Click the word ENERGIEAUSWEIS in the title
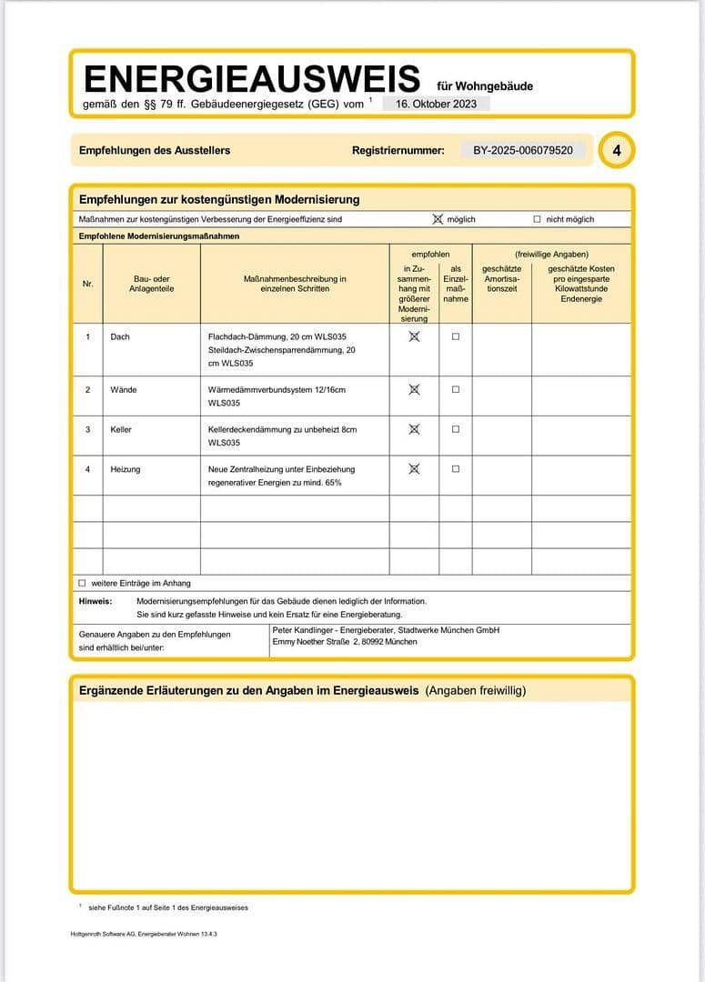pos(251,79)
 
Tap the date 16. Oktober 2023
pos(436,104)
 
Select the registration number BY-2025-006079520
pos(523,150)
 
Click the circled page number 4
pos(617,151)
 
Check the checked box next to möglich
pos(438,219)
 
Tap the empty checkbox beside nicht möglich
pos(537,219)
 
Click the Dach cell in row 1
pos(120,336)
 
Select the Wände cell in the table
pos(124,389)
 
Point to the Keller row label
pos(121,429)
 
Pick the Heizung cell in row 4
pos(126,469)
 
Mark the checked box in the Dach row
pos(414,336)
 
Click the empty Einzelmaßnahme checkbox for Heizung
pos(456,469)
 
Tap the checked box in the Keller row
pos(414,429)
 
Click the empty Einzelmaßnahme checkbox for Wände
pos(456,389)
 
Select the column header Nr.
pos(87,284)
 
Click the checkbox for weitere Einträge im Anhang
pos(82,583)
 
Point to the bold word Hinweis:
pos(96,601)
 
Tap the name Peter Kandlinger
pos(306,630)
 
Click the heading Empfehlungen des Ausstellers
pos(155,150)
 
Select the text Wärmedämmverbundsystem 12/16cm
pos(277,389)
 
